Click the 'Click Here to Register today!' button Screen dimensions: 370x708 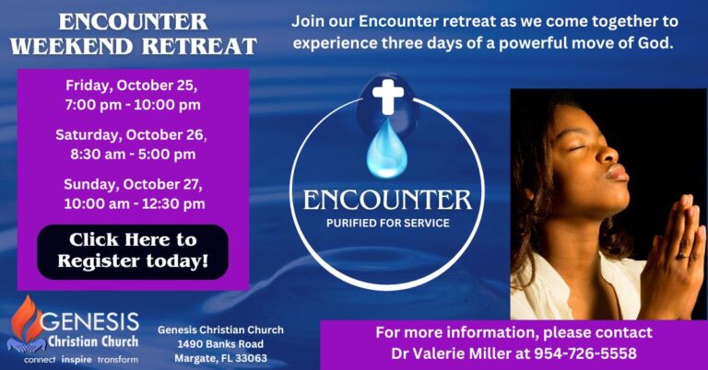[133, 251]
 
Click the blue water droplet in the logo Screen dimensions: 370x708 [386, 149]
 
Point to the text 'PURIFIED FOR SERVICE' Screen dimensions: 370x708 [387, 223]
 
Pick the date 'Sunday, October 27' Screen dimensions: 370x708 [132, 184]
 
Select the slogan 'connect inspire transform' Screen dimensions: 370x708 [81, 359]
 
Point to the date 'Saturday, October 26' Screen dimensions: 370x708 [131, 134]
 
